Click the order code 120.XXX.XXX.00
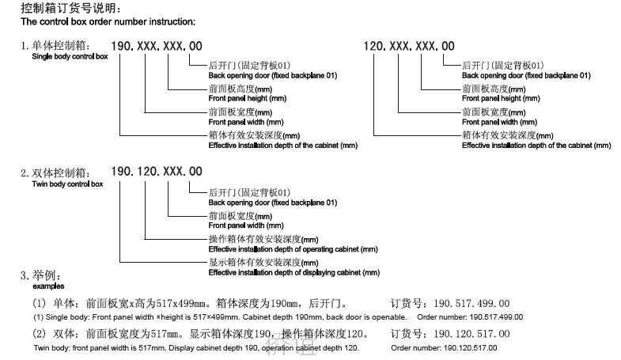tap(409, 46)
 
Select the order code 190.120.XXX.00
tap(157, 172)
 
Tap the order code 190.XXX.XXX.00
tap(157, 46)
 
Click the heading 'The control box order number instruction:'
tap(108, 21)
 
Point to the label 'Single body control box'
tap(70, 56)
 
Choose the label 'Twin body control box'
tap(67, 184)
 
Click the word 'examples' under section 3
tap(48, 286)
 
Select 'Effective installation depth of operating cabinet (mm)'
tap(293, 249)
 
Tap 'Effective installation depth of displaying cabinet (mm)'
tap(294, 272)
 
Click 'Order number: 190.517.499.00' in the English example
tap(470, 317)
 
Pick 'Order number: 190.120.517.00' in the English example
tap(444, 348)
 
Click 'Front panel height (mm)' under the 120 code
tap(501, 98)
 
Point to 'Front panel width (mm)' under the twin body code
tap(246, 225)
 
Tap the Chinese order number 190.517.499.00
tap(471, 303)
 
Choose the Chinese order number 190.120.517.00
tap(471, 334)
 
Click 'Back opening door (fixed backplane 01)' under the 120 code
tap(526, 75)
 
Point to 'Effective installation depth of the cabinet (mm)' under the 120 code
tap(536, 146)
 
